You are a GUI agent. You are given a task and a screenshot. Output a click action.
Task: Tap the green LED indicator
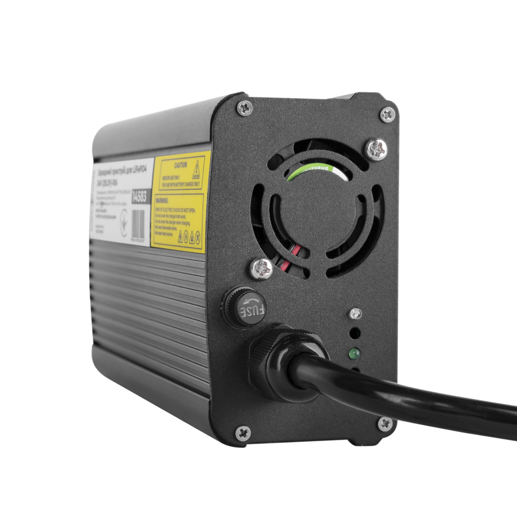[354, 354]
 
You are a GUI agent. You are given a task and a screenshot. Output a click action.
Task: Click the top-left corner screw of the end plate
[245, 108]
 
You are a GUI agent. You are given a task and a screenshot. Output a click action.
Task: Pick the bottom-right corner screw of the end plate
[384, 424]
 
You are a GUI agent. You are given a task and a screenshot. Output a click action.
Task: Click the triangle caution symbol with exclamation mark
[196, 169]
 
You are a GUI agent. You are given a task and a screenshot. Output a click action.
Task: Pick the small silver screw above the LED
[355, 313]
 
